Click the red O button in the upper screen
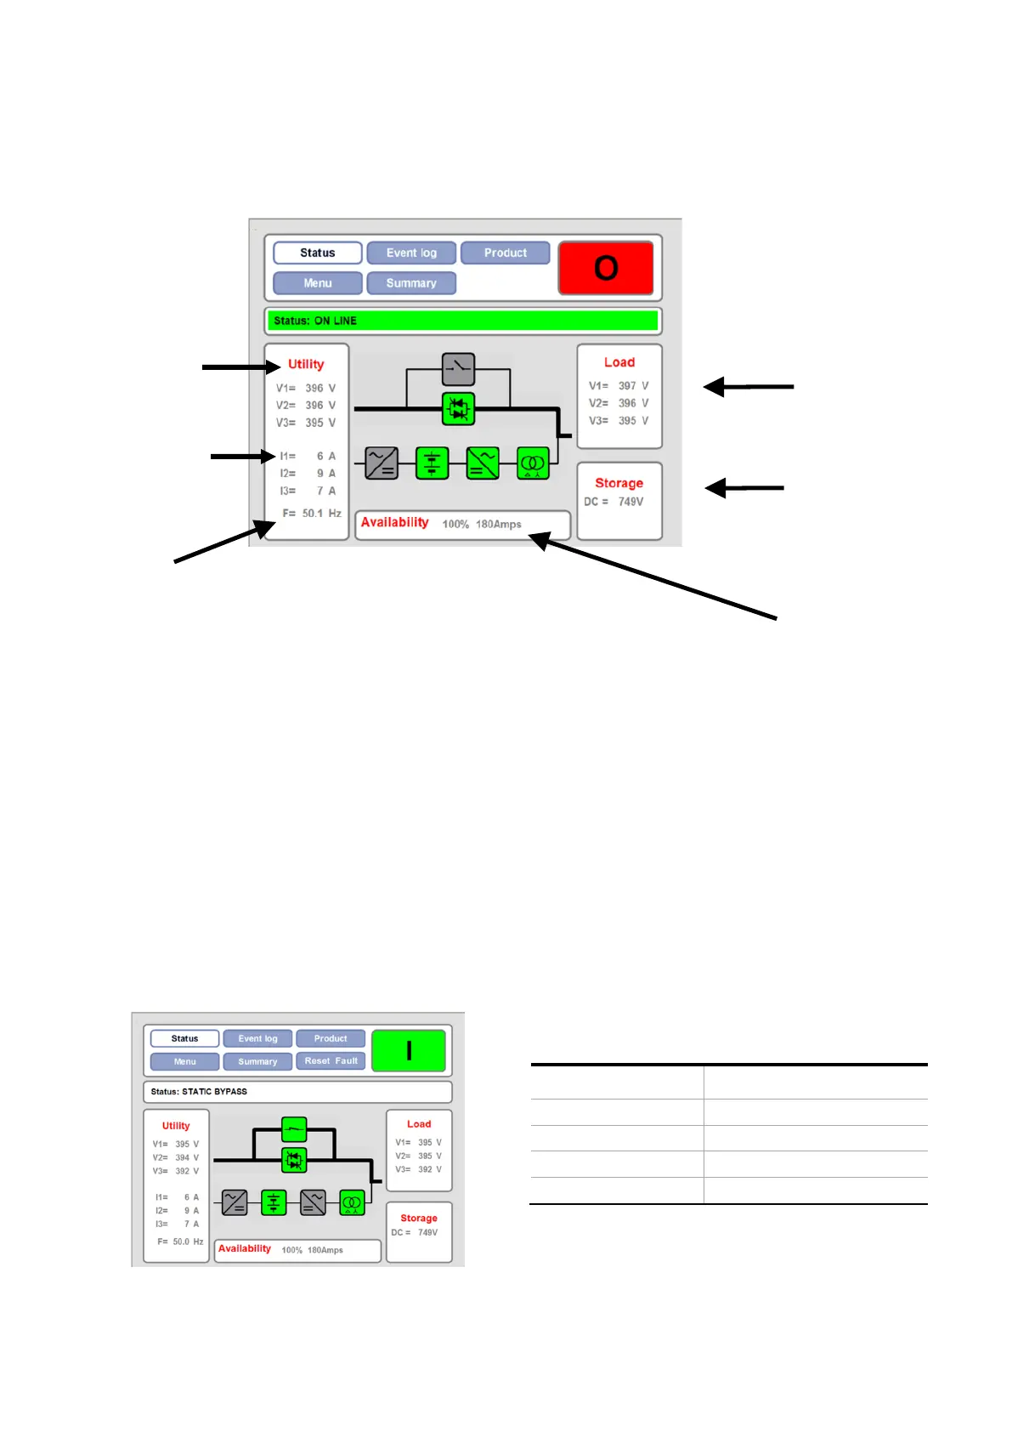point(605,268)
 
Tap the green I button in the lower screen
point(409,1050)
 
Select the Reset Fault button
point(331,1061)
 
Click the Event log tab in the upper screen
point(411,253)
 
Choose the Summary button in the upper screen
point(411,283)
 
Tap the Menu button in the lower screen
point(185,1061)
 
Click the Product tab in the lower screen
point(331,1038)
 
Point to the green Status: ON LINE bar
point(464,321)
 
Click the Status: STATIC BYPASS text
point(199,1091)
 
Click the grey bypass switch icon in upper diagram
point(459,369)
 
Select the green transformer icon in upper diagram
point(533,463)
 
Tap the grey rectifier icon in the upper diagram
point(382,463)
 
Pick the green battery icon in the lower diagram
point(274,1202)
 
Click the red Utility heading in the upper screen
point(306,364)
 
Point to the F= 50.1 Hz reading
point(312,513)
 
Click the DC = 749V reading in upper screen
point(613,502)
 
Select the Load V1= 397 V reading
point(619,386)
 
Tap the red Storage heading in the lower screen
point(419,1218)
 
